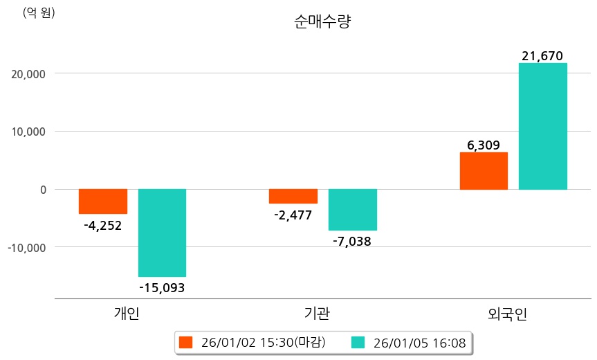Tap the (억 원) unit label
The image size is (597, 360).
point(39,12)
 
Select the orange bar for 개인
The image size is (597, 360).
point(102,201)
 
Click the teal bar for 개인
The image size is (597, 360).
point(162,233)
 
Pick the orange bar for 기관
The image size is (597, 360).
point(293,196)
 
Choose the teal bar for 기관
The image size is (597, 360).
point(352,209)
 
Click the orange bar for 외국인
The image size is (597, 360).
point(484,171)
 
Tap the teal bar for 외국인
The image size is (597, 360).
point(543,126)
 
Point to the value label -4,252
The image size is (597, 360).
point(102,225)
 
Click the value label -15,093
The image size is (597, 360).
point(162,287)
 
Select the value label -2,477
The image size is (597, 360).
point(293,215)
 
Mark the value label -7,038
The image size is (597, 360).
point(352,242)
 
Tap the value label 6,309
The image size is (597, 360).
point(484,145)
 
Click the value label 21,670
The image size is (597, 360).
point(543,55)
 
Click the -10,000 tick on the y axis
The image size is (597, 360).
point(27,247)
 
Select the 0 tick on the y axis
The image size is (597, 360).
point(43,189)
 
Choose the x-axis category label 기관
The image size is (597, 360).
point(318,314)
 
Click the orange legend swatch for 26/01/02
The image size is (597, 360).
point(185,342)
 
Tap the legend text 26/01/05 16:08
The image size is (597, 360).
point(419,342)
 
